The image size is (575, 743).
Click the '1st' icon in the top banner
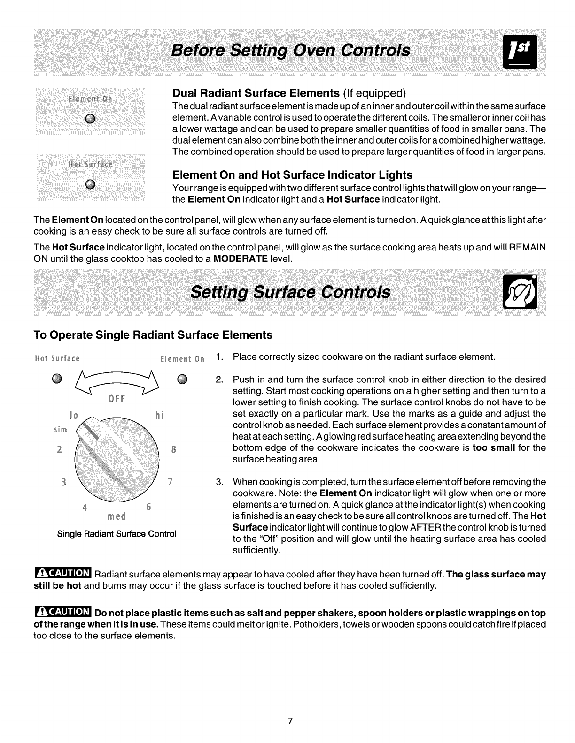[522, 52]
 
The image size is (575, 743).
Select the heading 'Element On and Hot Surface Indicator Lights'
[292, 175]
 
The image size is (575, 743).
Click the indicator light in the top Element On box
[90, 117]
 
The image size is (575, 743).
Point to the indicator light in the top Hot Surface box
[90, 183]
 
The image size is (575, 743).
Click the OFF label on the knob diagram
[116, 399]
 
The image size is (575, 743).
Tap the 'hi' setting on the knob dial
[158, 416]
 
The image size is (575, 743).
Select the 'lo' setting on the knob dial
[73, 416]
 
